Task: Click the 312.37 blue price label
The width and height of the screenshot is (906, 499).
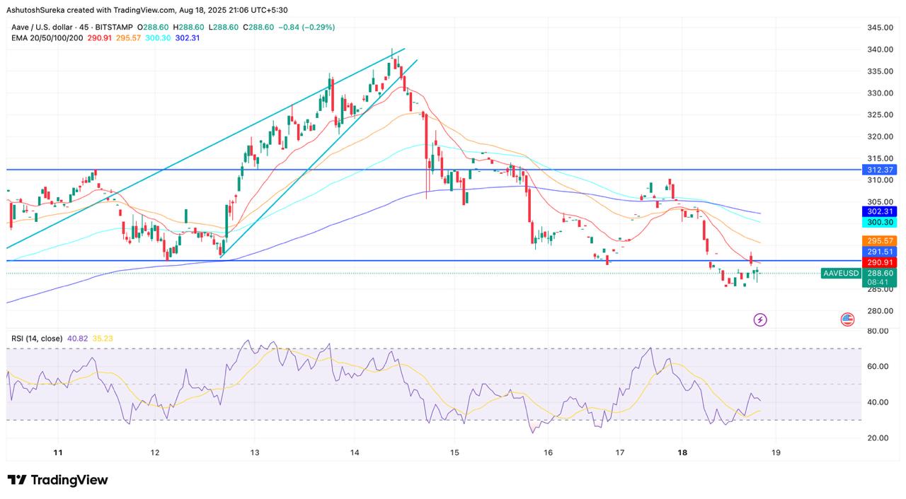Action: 880,170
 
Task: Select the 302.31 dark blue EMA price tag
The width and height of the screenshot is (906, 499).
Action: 880,211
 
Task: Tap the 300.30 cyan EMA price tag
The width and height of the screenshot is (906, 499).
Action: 880,222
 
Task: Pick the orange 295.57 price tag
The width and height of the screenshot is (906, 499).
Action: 880,241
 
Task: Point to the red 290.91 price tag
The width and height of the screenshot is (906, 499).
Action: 880,262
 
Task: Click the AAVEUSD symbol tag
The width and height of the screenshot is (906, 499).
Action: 841,274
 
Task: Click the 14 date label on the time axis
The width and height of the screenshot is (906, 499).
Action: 355,452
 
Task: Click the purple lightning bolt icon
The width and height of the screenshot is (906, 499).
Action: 760,319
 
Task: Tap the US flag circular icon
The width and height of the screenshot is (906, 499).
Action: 847,319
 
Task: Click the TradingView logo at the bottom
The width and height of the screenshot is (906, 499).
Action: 58,480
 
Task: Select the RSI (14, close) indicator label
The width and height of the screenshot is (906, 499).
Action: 37,339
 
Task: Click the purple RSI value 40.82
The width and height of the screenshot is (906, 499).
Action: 77,339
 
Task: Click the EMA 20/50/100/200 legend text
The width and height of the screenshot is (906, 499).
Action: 47,37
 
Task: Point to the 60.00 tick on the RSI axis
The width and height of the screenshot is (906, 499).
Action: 878,366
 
